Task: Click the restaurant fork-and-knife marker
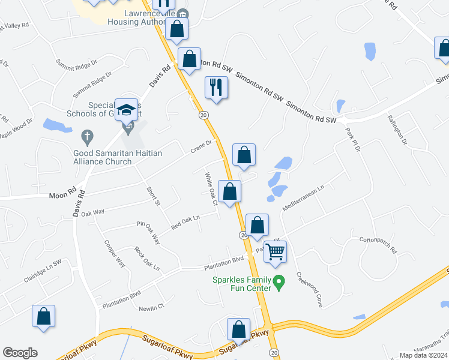(216, 88)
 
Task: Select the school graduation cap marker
(127, 110)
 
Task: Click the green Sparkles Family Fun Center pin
(278, 281)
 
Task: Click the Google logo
(20, 352)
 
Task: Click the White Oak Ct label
(211, 189)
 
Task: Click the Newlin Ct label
(151, 307)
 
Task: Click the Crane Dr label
(202, 146)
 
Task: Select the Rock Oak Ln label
(147, 258)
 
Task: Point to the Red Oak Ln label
(185, 223)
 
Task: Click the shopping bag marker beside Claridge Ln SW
(44, 316)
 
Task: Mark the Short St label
(154, 196)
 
